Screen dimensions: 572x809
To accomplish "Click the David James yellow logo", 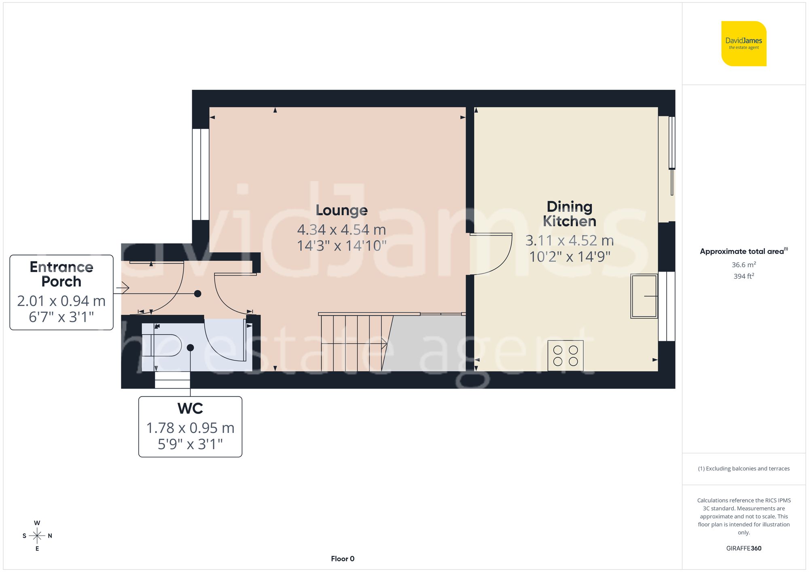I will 743,44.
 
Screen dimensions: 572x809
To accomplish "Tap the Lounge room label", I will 341,210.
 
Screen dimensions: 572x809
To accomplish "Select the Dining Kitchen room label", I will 569,214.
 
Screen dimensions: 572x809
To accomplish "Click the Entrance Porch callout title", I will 61,274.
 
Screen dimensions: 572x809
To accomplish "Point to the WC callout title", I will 190,408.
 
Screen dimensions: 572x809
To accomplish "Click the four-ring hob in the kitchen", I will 565,356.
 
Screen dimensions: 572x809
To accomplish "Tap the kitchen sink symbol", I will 644,296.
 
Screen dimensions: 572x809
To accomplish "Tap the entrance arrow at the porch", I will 123,288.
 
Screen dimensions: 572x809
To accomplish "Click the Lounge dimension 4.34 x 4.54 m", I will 341,230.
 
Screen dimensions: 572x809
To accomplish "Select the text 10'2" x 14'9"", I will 569,257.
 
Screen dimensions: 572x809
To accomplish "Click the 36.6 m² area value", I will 743,265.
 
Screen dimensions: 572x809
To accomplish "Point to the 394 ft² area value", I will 743,276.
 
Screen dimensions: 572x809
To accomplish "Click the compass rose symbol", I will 37,536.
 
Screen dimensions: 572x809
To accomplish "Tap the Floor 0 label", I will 342,559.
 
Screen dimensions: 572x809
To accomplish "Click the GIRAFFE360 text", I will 743,548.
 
